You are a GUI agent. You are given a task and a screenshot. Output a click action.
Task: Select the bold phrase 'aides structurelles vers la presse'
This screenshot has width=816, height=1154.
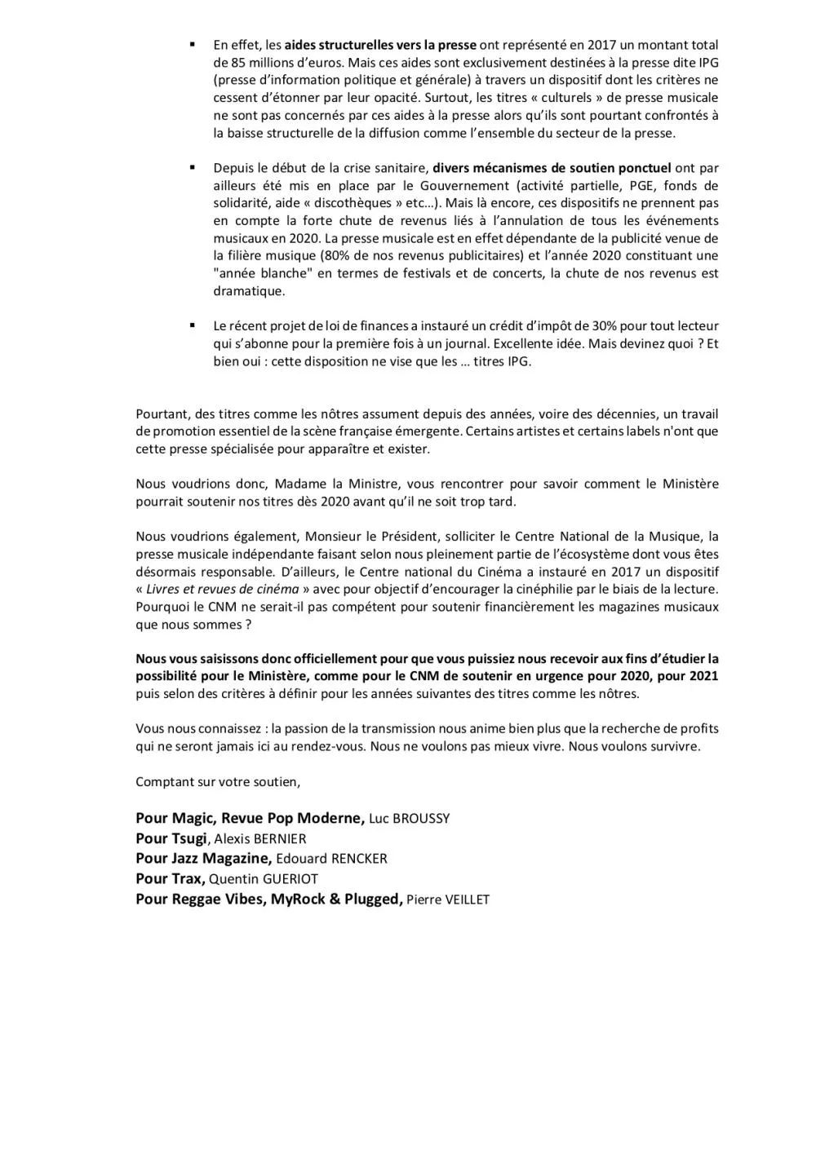(x=380, y=45)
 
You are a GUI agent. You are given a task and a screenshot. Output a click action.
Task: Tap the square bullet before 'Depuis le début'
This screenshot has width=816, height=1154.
(x=193, y=167)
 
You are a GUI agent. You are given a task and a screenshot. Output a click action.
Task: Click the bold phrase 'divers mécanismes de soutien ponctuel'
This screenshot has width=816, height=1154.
(x=552, y=168)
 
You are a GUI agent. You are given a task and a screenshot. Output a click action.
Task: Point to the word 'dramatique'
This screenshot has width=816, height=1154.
(x=249, y=291)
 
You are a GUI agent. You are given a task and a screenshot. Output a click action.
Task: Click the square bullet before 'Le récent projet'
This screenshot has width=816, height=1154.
(x=193, y=325)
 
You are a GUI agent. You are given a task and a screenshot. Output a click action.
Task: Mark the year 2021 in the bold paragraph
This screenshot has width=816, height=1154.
(x=703, y=676)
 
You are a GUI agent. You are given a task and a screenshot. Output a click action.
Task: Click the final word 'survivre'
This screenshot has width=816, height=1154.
(x=674, y=746)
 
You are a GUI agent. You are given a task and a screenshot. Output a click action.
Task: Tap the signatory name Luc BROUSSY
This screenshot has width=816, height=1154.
(x=409, y=819)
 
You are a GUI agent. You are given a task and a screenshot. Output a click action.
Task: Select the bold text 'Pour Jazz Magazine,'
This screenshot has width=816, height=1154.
(x=203, y=859)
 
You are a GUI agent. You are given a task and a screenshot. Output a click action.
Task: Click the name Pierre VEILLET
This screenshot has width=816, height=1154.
(x=448, y=900)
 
